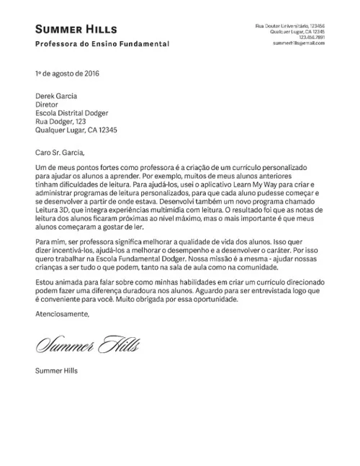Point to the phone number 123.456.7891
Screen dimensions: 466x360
click(x=311, y=38)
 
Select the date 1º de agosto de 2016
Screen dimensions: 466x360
click(x=67, y=73)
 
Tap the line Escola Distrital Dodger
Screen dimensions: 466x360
click(x=71, y=113)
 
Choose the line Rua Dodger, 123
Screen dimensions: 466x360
click(x=60, y=122)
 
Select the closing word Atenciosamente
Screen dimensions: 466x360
click(x=63, y=315)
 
